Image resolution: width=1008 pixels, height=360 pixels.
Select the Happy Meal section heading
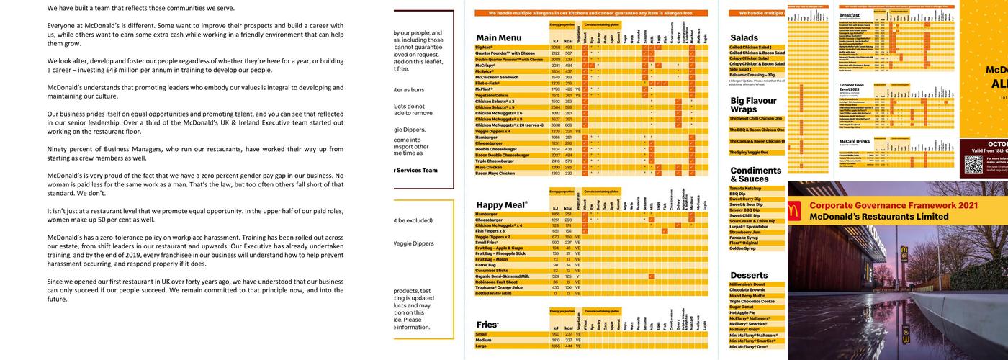click(x=502, y=205)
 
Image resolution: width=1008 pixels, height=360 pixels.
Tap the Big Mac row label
click(x=484, y=47)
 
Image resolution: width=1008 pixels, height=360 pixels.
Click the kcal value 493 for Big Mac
click(x=569, y=47)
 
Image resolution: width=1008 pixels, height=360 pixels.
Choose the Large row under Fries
click(x=482, y=346)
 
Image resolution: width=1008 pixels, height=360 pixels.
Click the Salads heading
click(x=744, y=37)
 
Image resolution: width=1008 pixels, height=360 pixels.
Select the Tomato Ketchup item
click(x=746, y=188)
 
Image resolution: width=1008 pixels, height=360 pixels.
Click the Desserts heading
click(x=749, y=275)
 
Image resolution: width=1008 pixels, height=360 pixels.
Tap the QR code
click(x=973, y=164)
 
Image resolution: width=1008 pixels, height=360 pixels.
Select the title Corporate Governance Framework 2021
click(x=893, y=205)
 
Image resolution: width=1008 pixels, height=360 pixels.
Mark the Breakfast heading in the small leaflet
click(x=850, y=14)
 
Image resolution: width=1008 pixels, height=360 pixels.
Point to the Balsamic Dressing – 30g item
click(x=752, y=75)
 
